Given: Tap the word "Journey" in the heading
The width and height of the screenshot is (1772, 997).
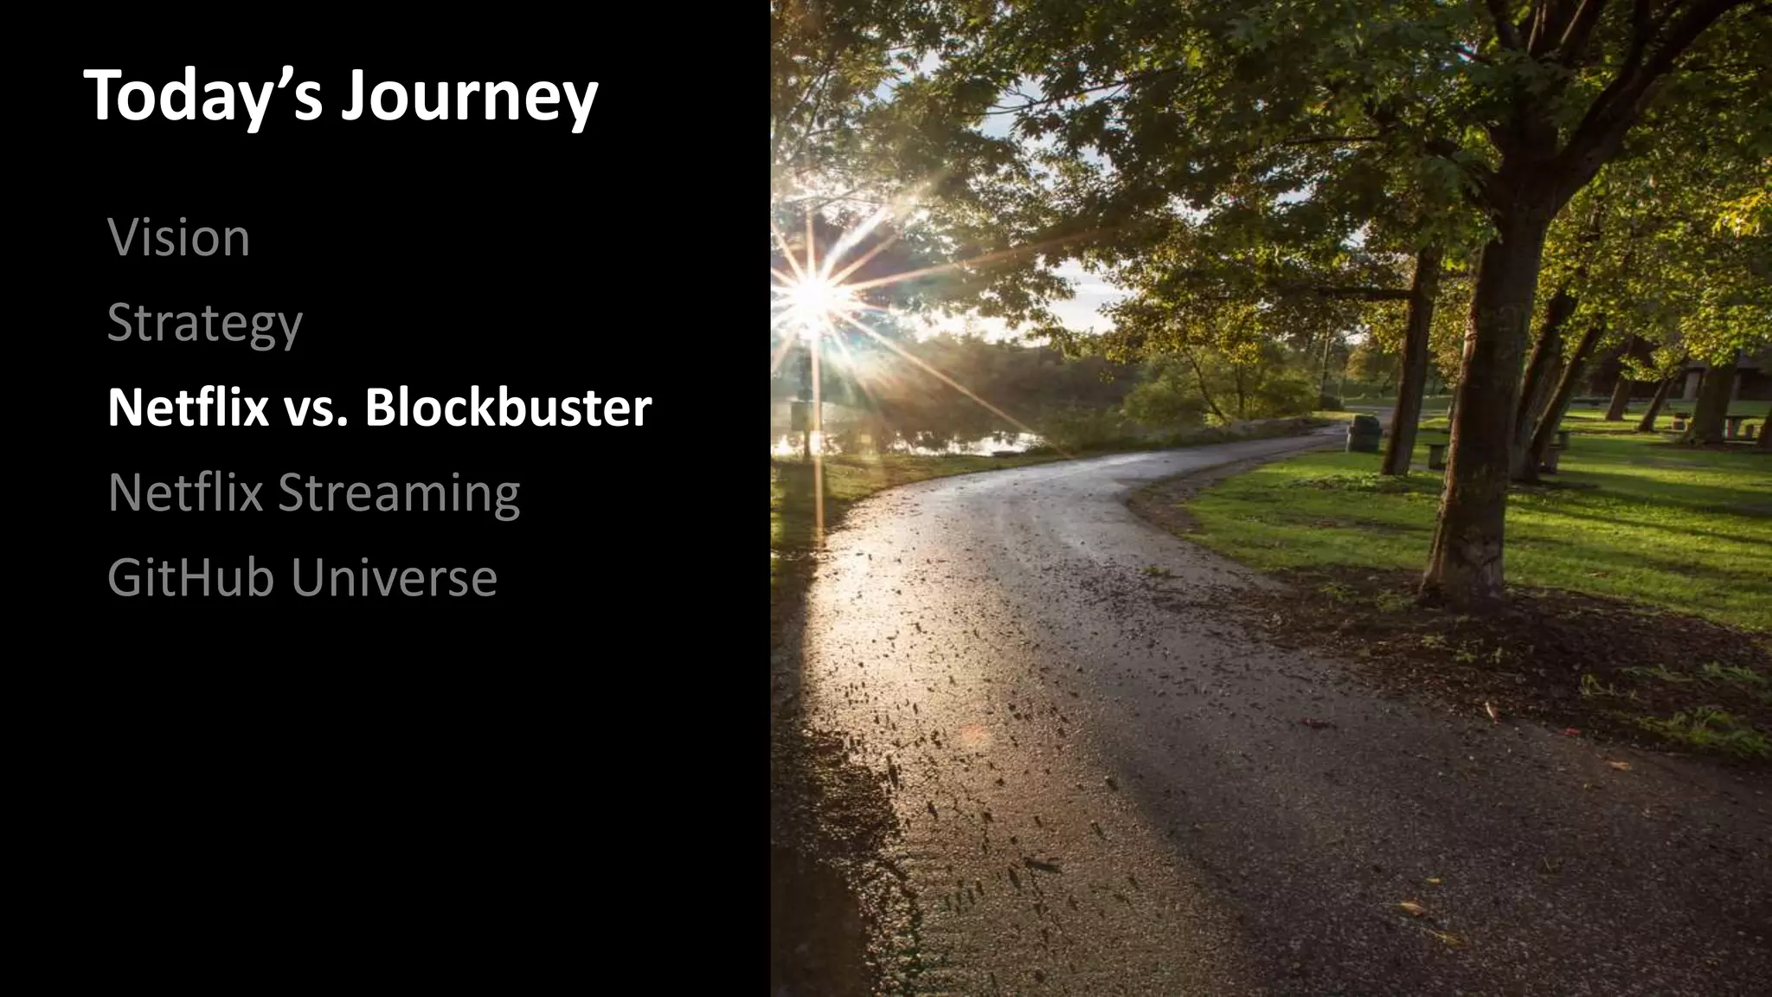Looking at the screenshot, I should tap(468, 97).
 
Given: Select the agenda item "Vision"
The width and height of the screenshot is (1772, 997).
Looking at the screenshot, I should tap(179, 237).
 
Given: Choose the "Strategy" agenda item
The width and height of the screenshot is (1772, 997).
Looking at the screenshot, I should tap(205, 324).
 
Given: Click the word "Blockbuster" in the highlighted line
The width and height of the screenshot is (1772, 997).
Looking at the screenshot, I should tap(508, 407).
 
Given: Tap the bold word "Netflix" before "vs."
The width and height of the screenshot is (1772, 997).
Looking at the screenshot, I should tap(188, 407).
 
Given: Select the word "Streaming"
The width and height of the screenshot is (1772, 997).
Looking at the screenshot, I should tap(399, 493).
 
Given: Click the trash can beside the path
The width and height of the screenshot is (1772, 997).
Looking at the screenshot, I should tap(1363, 433).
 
